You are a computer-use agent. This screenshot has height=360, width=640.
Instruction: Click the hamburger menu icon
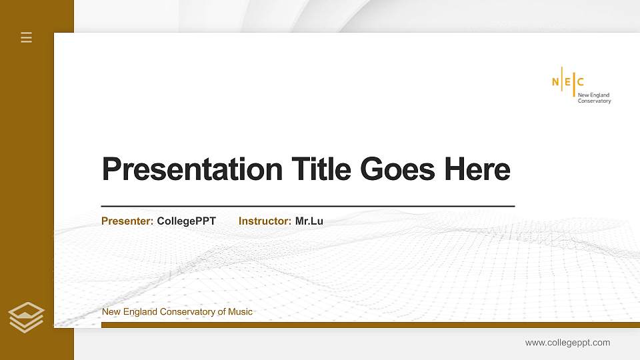tap(27, 37)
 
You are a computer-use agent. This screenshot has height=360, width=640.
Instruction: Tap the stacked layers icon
tap(27, 317)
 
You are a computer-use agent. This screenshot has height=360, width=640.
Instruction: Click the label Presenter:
tap(127, 221)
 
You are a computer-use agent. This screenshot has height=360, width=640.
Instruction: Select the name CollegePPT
tap(187, 221)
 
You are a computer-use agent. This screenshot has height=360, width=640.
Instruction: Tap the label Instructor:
tap(265, 221)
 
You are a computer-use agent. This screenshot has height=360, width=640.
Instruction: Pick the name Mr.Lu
tap(309, 221)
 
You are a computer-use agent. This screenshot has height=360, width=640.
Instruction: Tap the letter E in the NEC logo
tap(568, 82)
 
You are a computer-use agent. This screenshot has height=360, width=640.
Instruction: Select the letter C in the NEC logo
tap(580, 82)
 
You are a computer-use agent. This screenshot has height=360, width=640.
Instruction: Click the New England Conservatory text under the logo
tap(593, 98)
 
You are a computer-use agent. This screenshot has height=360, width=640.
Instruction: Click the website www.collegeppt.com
tap(567, 343)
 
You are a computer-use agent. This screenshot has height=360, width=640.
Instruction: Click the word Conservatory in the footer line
tap(188, 312)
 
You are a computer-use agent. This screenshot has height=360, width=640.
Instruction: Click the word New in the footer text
tap(111, 312)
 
